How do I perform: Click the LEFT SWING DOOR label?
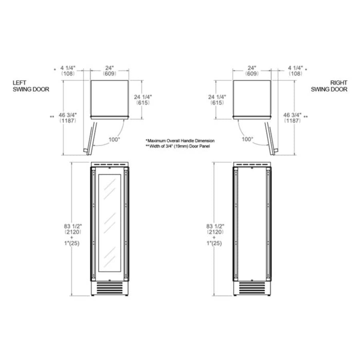tap(31, 86)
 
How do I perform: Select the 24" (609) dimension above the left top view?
tap(109, 71)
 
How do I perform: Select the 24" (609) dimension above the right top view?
tap(252, 71)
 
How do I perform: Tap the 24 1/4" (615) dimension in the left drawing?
tap(143, 100)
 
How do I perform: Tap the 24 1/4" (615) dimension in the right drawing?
tap(218, 100)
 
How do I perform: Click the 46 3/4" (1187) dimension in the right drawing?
tap(292, 118)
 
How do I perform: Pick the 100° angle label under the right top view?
tap(247, 139)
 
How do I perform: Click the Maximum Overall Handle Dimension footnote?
tap(181, 141)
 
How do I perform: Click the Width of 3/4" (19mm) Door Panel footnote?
tap(178, 146)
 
